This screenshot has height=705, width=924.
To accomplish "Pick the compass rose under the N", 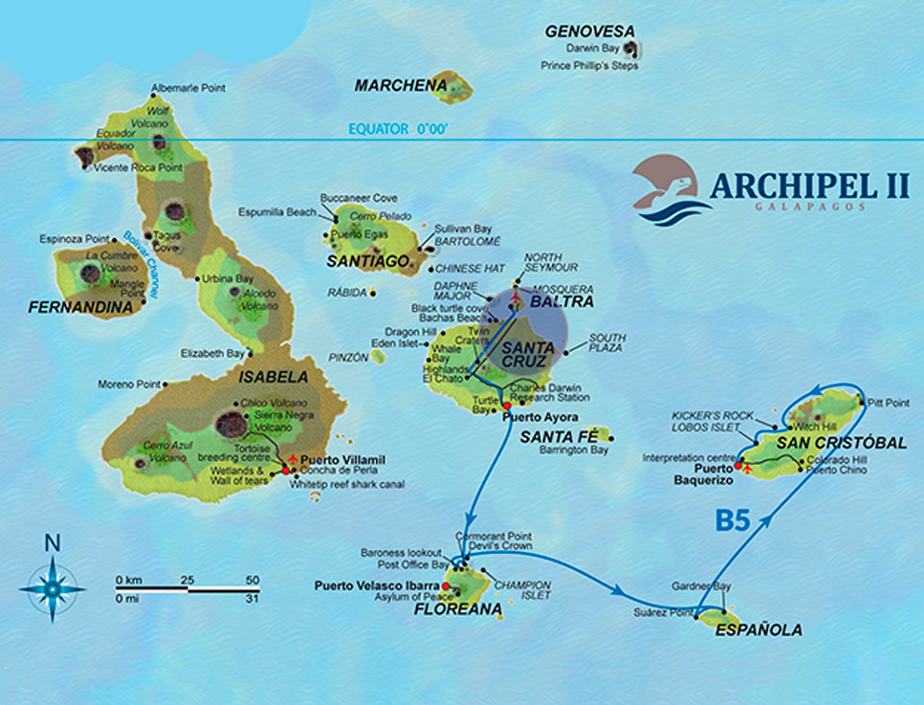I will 52,589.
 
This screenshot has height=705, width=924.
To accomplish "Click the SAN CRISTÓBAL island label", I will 841,443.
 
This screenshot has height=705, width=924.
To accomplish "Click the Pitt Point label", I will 887,404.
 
